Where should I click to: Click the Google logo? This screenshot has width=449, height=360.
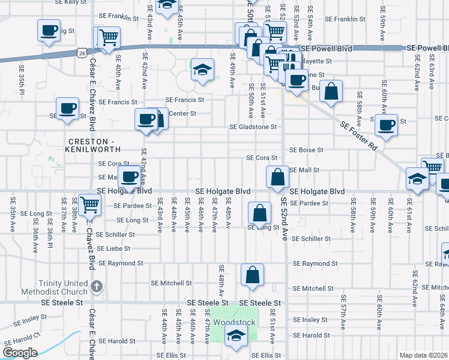tap(20, 352)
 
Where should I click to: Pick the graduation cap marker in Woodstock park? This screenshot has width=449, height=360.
tap(236, 337)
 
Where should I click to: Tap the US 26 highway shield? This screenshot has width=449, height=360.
tap(80, 53)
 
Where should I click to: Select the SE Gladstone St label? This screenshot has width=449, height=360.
tap(253, 127)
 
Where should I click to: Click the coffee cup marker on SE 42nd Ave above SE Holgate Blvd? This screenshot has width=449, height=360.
tap(130, 177)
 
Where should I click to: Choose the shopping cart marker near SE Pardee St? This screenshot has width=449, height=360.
tap(89, 205)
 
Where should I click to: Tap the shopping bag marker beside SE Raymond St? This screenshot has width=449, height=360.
tap(253, 275)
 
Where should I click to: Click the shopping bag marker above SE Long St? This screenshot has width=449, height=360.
tap(259, 214)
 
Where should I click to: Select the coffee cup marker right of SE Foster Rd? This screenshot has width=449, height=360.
tap(387, 125)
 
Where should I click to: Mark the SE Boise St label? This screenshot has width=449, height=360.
tap(307, 149)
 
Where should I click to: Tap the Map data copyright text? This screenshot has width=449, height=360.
tap(423, 355)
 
